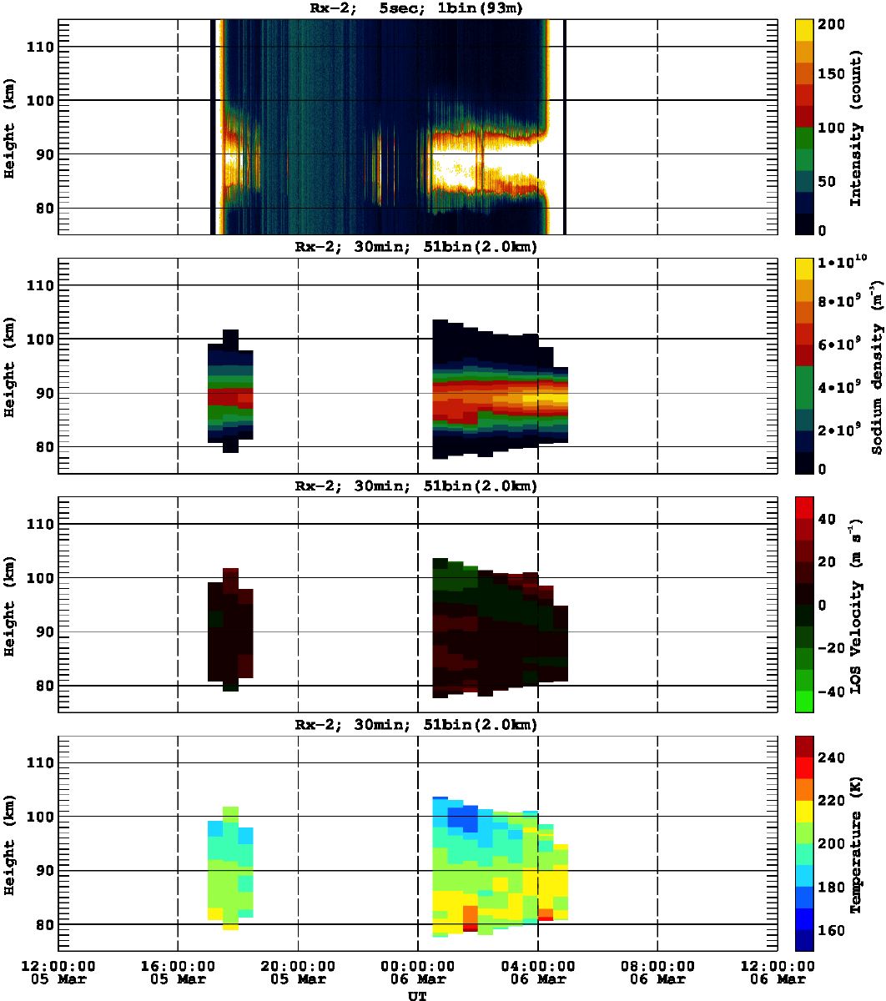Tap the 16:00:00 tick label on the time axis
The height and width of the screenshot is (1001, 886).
tap(178, 965)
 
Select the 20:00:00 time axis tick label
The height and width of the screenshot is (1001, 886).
tap(298, 965)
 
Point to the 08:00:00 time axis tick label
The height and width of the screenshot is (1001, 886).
tap(657, 965)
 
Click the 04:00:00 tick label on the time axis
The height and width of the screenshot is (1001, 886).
tap(537, 965)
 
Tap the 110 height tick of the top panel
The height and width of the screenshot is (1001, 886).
tap(42, 48)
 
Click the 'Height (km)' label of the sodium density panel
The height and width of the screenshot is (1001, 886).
tap(10, 368)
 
